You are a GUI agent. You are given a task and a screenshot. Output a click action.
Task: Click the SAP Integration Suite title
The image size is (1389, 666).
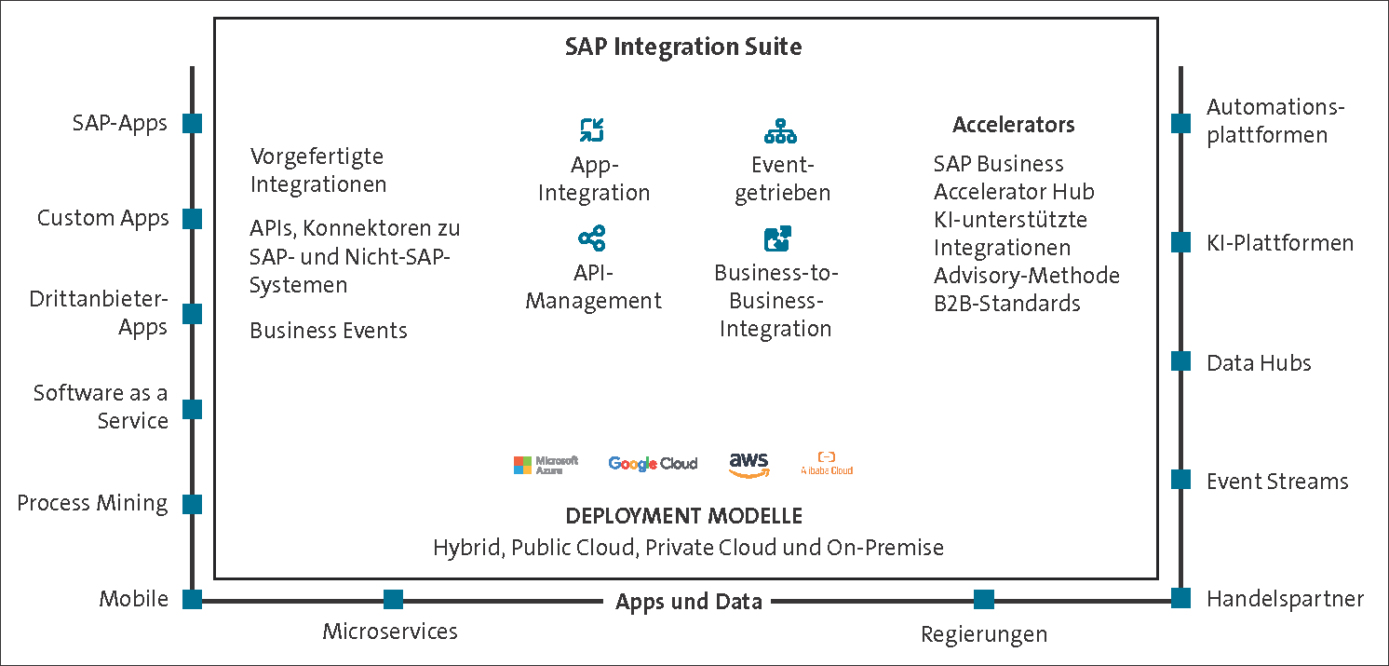[683, 47]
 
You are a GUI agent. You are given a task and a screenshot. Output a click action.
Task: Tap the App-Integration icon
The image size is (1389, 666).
[592, 130]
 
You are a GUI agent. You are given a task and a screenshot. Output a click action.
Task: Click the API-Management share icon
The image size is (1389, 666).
[592, 238]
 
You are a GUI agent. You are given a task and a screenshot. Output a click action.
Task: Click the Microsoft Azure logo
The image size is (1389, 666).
[546, 464]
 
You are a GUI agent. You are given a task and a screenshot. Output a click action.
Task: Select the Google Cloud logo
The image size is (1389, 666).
[652, 464]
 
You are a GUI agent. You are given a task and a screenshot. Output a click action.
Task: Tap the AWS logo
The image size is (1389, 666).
[748, 463]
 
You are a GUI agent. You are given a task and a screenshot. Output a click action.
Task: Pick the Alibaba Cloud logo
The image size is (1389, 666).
[826, 464]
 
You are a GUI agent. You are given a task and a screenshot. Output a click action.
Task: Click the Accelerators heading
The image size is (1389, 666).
[1013, 125]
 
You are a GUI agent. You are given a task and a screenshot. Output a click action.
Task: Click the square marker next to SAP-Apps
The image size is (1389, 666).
[192, 123]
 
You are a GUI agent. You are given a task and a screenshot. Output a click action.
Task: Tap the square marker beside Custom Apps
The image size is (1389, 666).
[192, 218]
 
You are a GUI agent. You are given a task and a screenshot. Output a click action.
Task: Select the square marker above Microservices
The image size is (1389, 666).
[393, 599]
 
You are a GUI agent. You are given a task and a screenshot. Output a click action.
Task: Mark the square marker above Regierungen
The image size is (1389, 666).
[983, 599]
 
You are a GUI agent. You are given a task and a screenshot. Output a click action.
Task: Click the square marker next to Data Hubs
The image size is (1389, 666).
[1180, 361]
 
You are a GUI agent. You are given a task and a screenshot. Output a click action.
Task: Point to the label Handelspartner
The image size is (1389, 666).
[1285, 599]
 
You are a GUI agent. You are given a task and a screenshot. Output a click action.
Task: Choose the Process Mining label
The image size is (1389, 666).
[92, 503]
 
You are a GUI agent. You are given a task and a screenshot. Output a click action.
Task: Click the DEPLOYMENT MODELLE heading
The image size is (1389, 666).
[683, 516]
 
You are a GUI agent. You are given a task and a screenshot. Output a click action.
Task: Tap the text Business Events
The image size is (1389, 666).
[329, 331]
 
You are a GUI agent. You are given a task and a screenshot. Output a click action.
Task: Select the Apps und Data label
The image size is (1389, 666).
[688, 602]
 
